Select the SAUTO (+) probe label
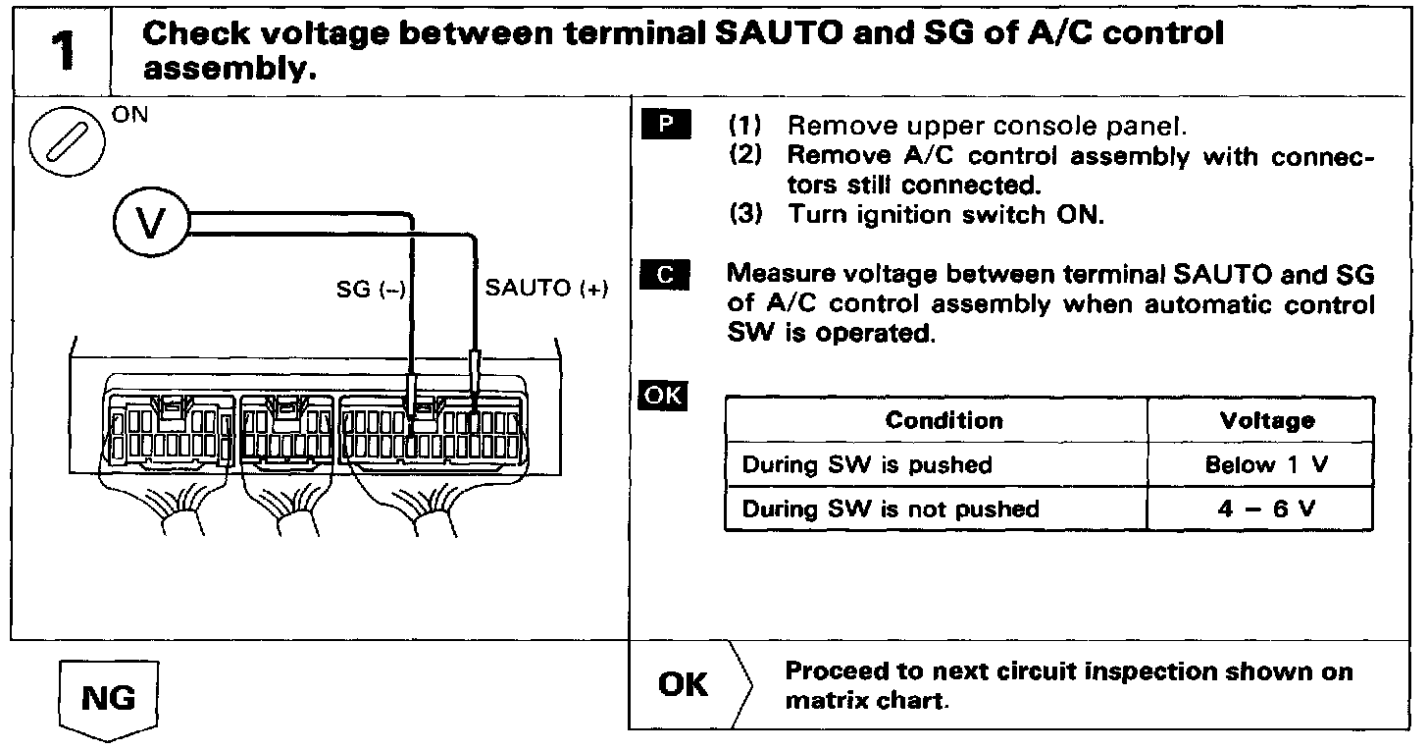pos(547,289)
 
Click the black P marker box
pos(666,125)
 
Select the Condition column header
pos(943,420)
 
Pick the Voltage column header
pos(1267,420)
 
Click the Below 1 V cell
pos(1266,464)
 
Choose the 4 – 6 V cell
pos(1266,509)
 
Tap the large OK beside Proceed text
pos(684,684)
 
